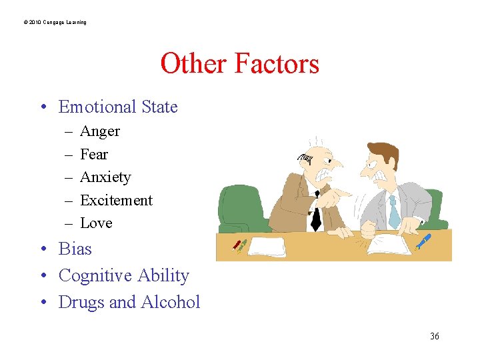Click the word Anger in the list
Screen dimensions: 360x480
[x=100, y=131]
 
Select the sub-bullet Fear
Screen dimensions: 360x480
[x=94, y=154]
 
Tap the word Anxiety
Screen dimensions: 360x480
[x=105, y=177]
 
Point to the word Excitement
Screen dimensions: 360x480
[x=116, y=200]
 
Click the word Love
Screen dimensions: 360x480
[x=96, y=223]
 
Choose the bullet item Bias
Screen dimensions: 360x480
[x=75, y=249]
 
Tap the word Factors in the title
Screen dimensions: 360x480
[x=276, y=64]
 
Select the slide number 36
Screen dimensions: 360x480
[x=435, y=336]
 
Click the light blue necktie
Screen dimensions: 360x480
[x=393, y=213]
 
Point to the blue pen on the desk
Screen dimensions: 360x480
[x=423, y=241]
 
